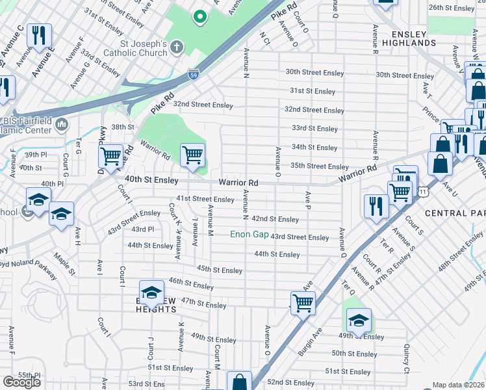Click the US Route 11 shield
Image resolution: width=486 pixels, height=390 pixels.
coord(424,192)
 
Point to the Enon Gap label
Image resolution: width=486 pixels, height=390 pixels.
coord(249,234)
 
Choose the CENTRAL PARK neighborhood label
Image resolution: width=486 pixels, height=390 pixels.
coord(455,213)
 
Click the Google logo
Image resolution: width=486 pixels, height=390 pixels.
coord(21,382)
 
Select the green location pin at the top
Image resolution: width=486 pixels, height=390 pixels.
coord(200,17)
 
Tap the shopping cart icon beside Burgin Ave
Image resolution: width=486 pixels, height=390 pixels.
coord(303,302)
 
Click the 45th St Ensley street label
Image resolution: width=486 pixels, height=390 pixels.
coord(220,270)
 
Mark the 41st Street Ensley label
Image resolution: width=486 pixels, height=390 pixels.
coord(205,199)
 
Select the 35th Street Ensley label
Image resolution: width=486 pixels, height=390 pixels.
coord(320,166)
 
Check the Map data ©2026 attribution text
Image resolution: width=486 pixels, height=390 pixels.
coord(458,385)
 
